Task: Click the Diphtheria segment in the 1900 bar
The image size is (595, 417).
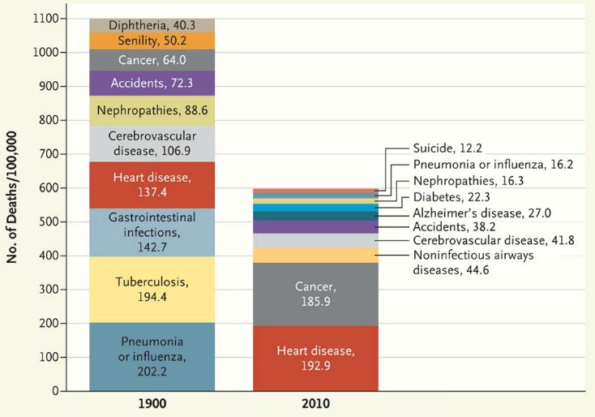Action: click(152, 25)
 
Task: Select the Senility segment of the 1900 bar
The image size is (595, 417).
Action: click(152, 41)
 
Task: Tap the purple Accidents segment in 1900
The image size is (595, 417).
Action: click(152, 83)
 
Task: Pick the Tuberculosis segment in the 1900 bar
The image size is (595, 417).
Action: click(152, 290)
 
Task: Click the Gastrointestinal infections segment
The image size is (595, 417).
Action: click(152, 232)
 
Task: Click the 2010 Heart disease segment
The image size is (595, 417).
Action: click(315, 358)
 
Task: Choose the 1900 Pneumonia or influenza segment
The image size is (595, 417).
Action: click(152, 357)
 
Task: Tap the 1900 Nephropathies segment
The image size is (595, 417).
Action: click(152, 110)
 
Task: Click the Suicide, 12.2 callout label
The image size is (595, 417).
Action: click(447, 149)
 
